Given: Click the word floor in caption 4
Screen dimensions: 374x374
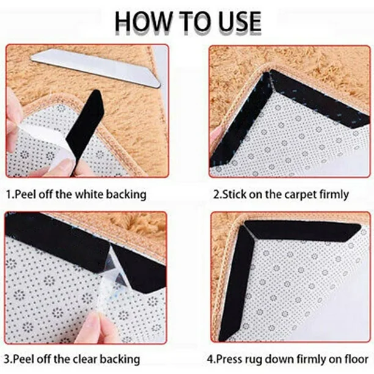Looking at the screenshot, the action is [356, 359].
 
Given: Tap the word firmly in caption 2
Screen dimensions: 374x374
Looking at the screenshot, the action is [334, 195].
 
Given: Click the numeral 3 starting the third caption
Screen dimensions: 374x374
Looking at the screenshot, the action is [7, 359].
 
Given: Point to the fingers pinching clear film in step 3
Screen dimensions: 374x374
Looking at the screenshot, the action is [100, 327].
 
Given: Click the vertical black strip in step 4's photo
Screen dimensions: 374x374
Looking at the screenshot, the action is [236, 284].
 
